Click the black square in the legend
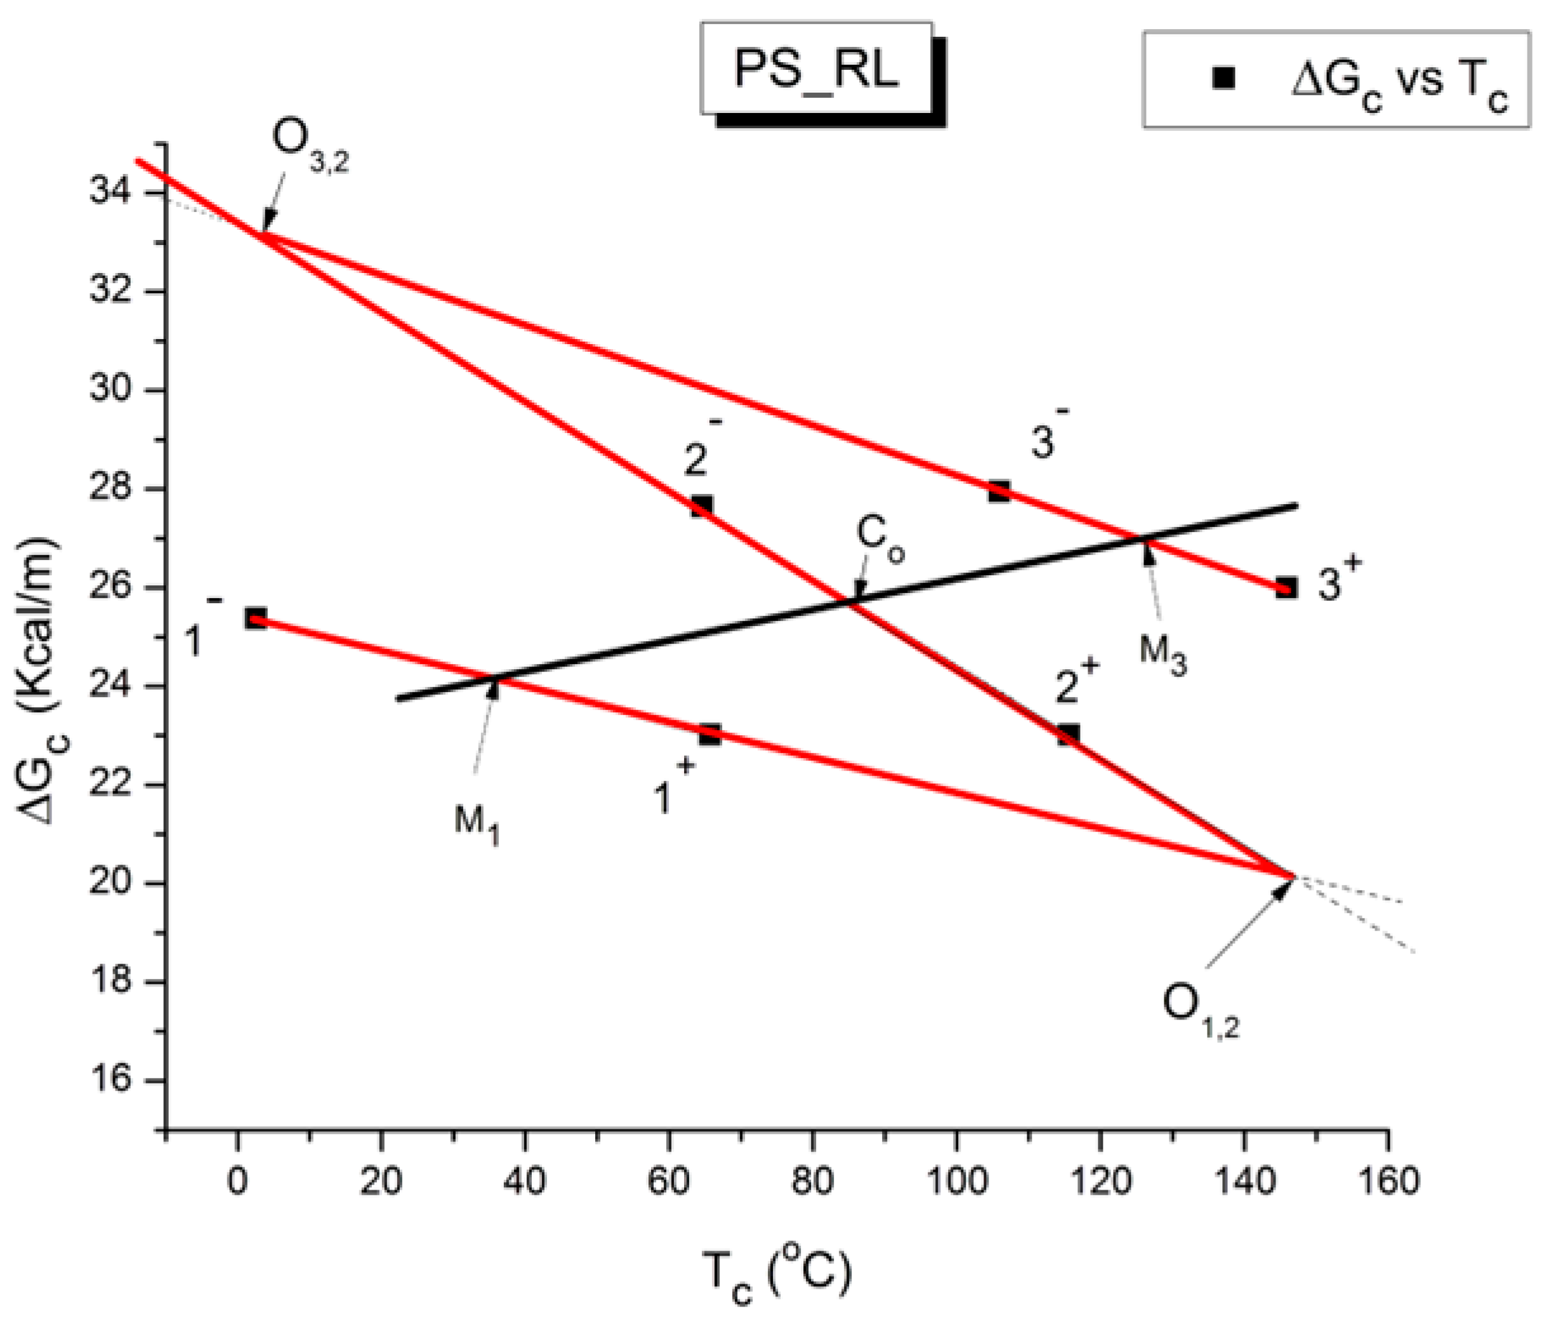point(1223,78)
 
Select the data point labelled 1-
point(255,618)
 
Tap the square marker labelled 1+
point(709,735)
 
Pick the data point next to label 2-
point(701,506)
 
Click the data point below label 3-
point(999,491)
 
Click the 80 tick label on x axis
point(813,1182)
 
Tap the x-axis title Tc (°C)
point(776,1276)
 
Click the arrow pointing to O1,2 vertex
point(1250,922)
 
